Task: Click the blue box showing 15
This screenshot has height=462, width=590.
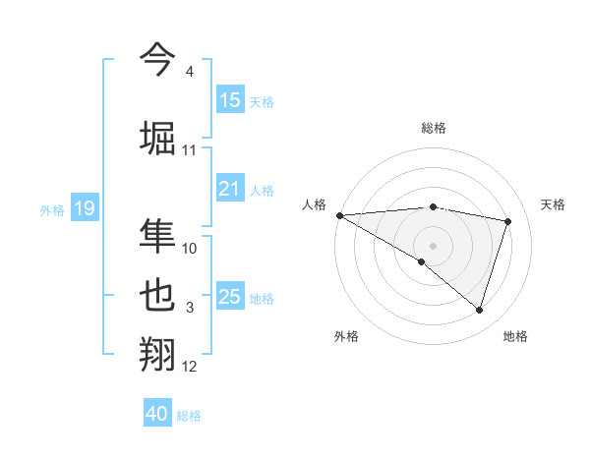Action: tap(230, 100)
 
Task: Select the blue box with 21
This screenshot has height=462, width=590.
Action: tap(230, 190)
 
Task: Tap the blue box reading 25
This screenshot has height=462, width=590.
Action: tap(230, 298)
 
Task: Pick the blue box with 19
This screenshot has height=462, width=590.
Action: tap(85, 208)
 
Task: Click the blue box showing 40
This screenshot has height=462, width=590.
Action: tap(157, 414)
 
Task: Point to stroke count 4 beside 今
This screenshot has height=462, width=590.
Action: tap(189, 72)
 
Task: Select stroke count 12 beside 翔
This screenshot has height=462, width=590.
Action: tap(189, 367)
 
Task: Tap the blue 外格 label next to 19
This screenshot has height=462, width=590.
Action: tap(52, 209)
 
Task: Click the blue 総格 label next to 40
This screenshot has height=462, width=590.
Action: tap(189, 416)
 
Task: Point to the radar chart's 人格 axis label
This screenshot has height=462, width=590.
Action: tap(315, 204)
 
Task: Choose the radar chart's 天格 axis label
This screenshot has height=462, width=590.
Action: tap(554, 204)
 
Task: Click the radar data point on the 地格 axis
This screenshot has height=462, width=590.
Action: tap(479, 311)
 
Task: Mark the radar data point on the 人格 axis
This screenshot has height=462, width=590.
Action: tap(339, 215)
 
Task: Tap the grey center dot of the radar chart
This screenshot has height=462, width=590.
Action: tap(433, 245)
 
